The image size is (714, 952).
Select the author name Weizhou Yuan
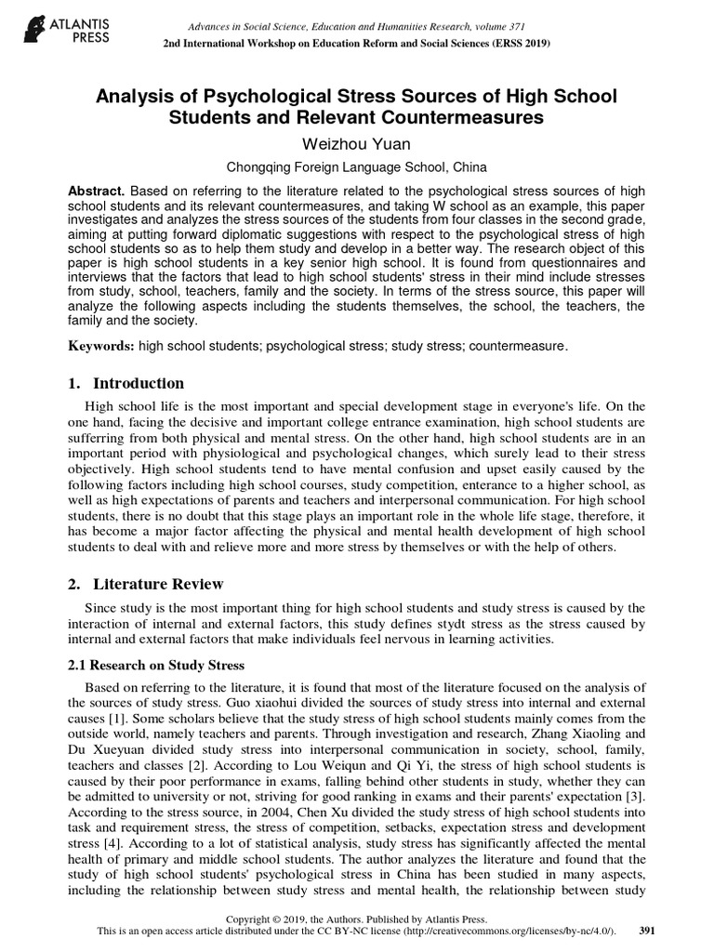tap(358, 145)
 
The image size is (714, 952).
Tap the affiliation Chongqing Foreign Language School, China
tap(358, 167)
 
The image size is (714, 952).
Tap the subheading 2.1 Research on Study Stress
tap(157, 665)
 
